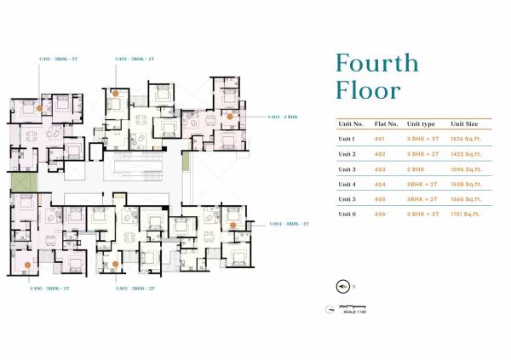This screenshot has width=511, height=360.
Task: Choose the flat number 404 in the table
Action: tap(380, 185)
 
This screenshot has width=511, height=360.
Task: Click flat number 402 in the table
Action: tap(380, 154)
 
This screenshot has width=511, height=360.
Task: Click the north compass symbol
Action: tap(344, 286)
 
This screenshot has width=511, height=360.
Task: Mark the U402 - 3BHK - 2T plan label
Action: tap(134, 60)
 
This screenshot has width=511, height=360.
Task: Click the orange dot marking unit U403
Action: tap(229, 115)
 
